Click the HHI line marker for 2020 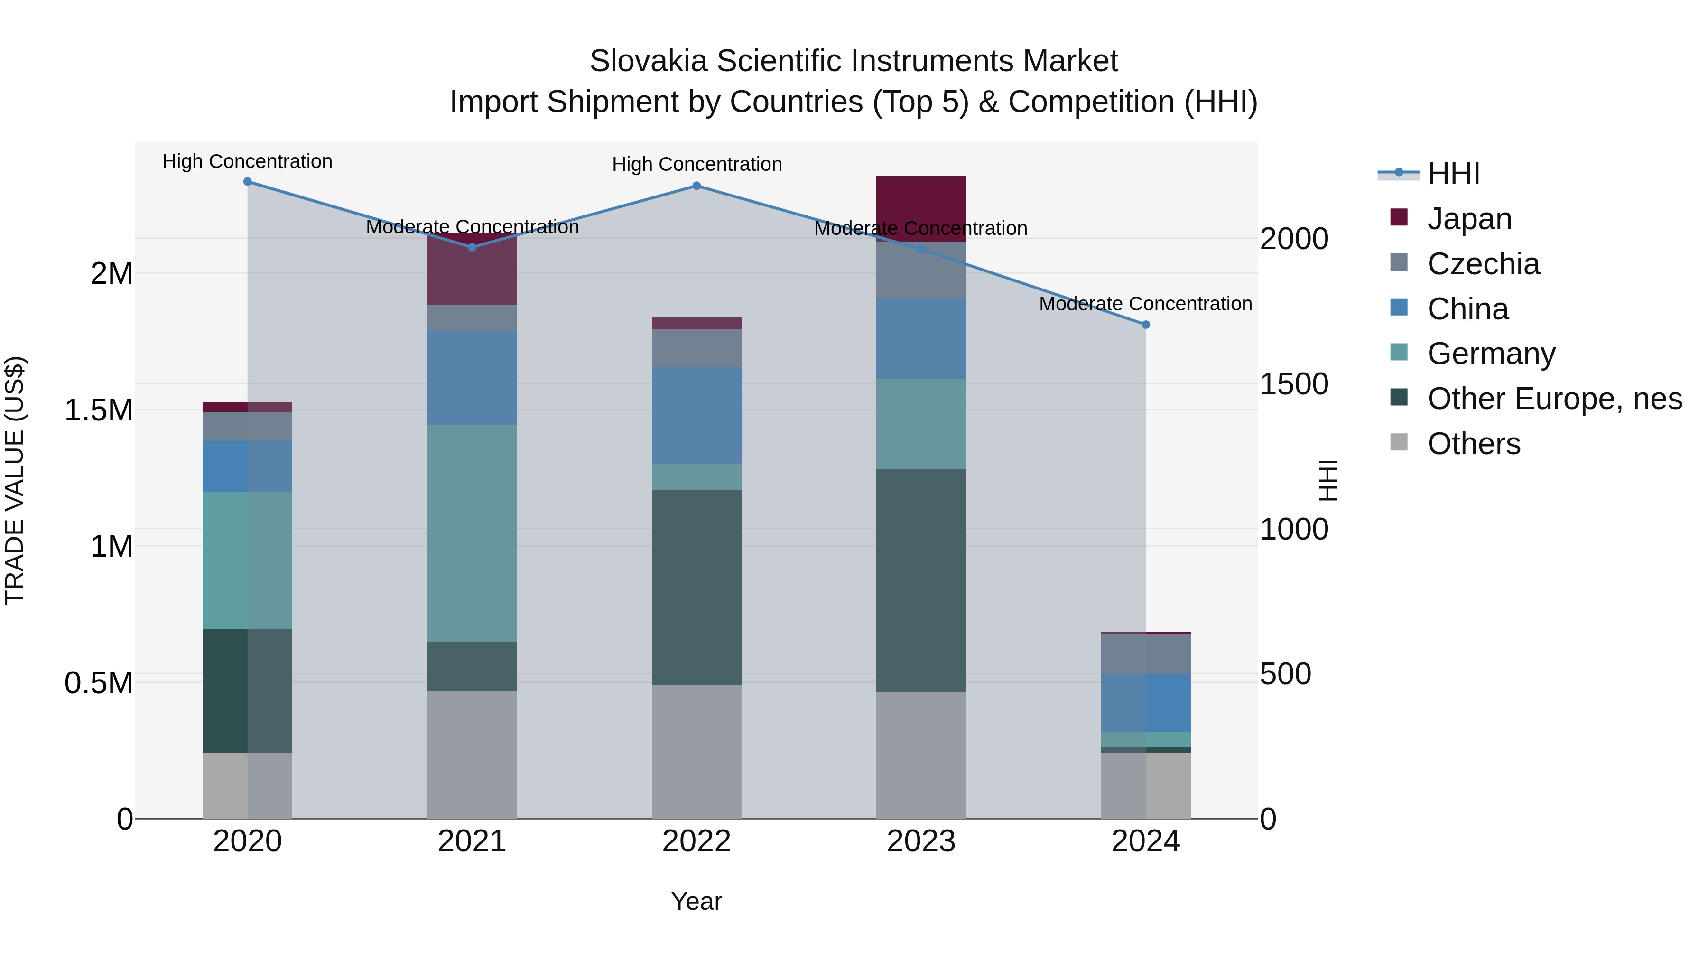[x=247, y=182]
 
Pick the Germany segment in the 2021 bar [x=472, y=533]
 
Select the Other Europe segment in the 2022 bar [x=696, y=587]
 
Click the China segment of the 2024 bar [x=1145, y=703]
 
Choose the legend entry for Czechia [x=1483, y=264]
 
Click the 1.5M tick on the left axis [x=99, y=411]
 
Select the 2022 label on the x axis [x=696, y=841]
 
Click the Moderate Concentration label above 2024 [x=1145, y=304]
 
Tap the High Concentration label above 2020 [x=247, y=162]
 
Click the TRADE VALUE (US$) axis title [x=15, y=480]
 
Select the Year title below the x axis [x=696, y=901]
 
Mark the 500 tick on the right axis [x=1285, y=674]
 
